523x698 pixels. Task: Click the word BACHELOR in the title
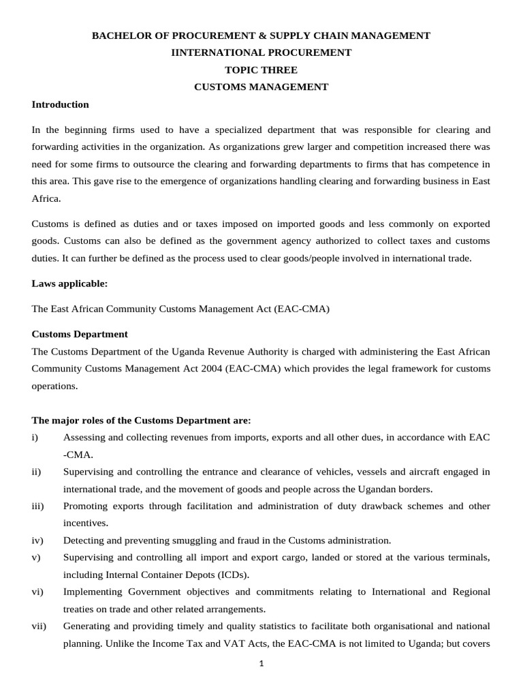point(119,35)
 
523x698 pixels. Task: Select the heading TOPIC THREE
point(261,70)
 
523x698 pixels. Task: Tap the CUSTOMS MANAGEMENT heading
point(261,87)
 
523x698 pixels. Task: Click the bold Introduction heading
point(61,104)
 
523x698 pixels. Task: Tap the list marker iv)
point(37,541)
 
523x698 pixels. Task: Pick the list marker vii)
point(39,625)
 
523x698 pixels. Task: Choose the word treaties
point(78,609)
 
